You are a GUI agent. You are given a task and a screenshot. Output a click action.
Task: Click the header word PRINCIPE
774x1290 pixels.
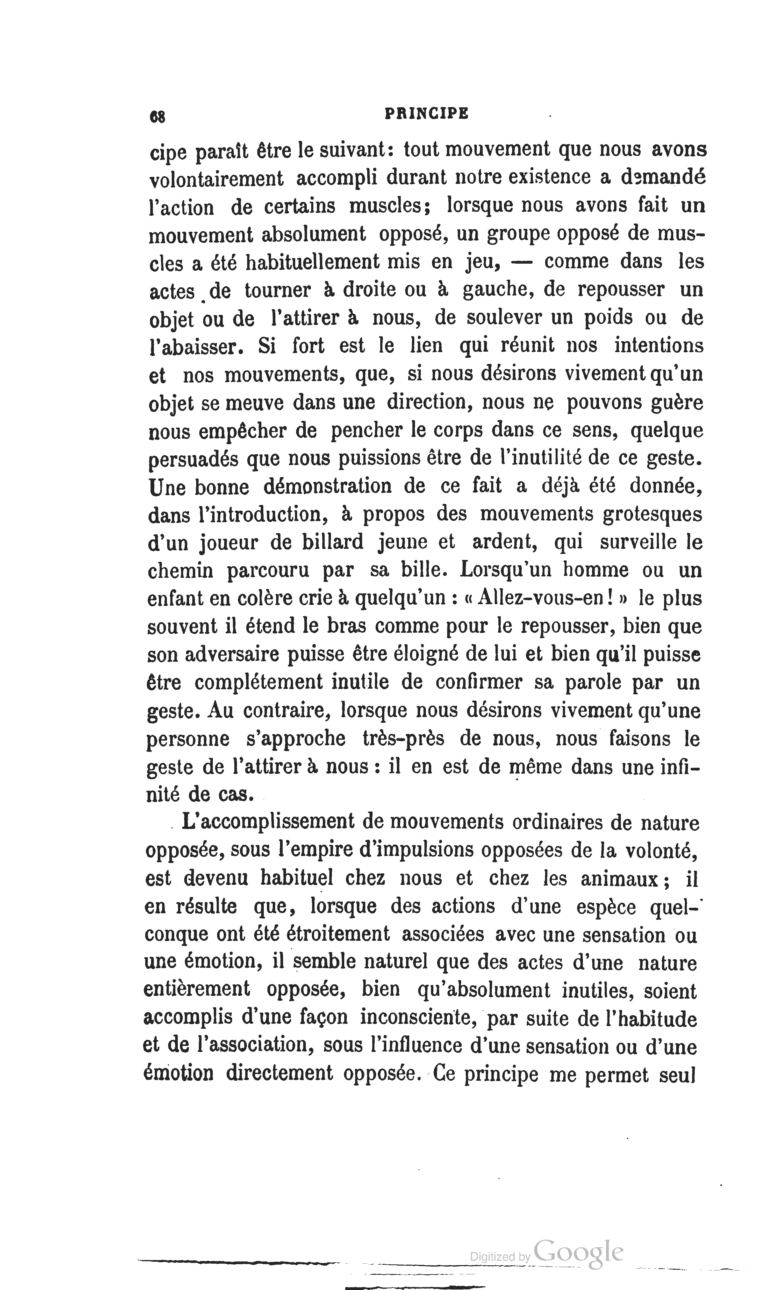click(x=426, y=114)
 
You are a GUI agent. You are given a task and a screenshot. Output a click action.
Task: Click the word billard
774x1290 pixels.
click(x=333, y=543)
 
